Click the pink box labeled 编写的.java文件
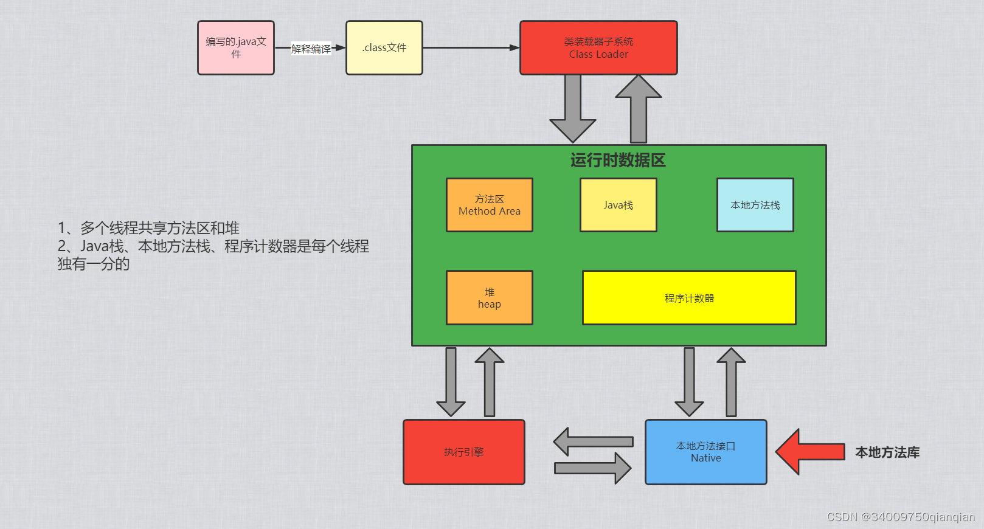(x=236, y=48)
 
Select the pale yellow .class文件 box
(x=384, y=48)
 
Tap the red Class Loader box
(x=598, y=48)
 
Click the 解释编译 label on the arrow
(x=311, y=49)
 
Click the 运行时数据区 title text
(x=618, y=160)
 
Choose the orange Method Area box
(x=490, y=205)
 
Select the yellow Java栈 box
(x=618, y=205)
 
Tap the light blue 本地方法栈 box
(x=755, y=205)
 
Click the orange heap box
(x=490, y=298)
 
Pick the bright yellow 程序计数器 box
(x=689, y=298)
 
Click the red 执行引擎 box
(x=464, y=452)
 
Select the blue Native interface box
(x=705, y=452)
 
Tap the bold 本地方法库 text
(x=887, y=452)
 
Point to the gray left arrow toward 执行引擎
(x=593, y=441)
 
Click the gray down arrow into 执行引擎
(x=451, y=381)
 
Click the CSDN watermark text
(x=901, y=517)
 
